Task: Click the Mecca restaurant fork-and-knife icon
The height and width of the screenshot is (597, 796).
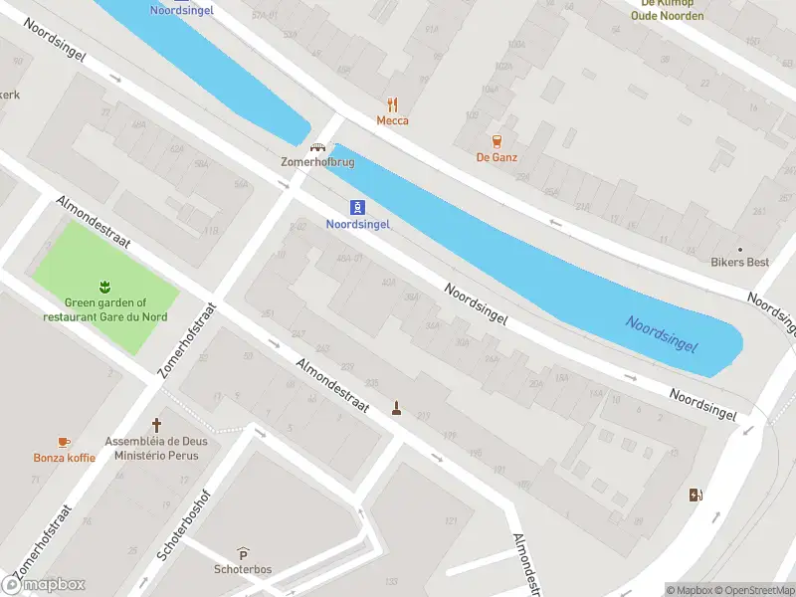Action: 392,103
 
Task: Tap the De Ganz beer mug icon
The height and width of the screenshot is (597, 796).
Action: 497,140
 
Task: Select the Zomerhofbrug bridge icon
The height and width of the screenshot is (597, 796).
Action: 318,146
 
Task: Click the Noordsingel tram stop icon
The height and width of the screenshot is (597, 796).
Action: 357,207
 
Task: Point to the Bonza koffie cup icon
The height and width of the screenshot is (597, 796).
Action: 64,441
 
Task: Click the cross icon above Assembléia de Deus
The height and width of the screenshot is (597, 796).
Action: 155,424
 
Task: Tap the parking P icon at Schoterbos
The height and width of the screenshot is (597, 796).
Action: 243,553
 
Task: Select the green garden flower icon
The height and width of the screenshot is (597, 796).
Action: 104,288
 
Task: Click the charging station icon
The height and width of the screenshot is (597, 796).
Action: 695,495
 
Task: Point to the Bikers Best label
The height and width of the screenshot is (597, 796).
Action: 739,263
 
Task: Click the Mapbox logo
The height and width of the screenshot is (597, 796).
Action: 44,585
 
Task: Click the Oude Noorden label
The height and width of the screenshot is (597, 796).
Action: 668,16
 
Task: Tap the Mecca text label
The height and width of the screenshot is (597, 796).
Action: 392,120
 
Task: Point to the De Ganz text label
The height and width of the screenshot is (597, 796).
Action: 497,157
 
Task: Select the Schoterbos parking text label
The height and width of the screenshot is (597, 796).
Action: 243,569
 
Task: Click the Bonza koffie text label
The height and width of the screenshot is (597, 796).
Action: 64,458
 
